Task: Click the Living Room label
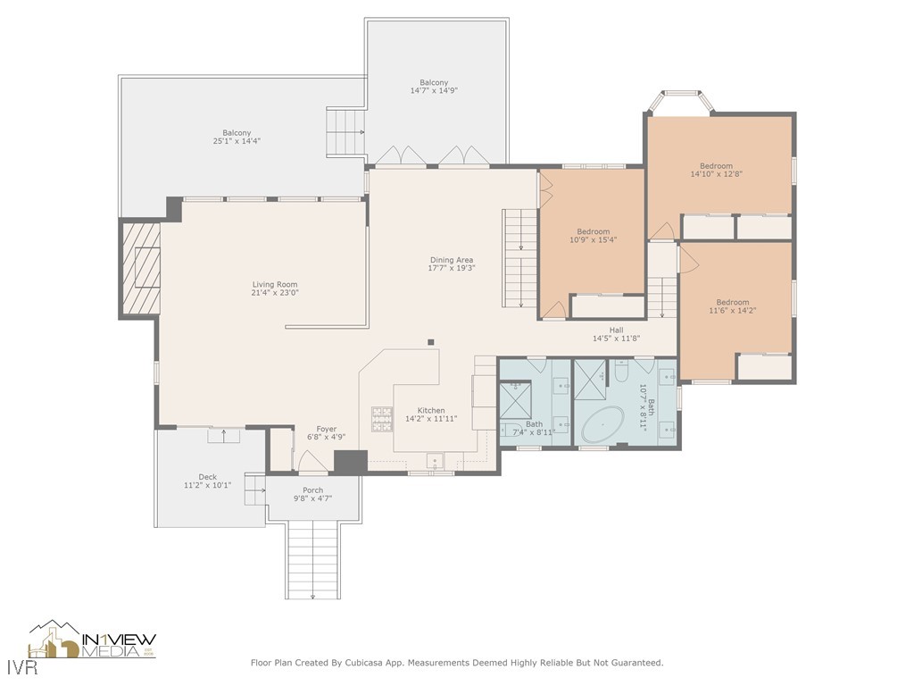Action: [x=275, y=285]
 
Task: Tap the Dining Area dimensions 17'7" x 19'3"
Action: [x=452, y=268]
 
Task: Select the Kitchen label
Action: [x=431, y=411]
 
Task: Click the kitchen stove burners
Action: [x=382, y=419]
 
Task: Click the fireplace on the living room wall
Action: [x=140, y=268]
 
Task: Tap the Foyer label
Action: [x=327, y=429]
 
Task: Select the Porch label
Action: [x=313, y=490]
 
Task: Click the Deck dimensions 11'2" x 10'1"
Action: [x=207, y=485]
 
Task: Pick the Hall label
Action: [x=617, y=330]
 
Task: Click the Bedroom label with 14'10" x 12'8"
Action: [x=717, y=165]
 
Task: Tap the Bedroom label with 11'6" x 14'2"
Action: [x=733, y=302]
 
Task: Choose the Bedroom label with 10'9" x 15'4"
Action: [x=594, y=231]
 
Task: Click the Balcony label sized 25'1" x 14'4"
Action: [x=237, y=133]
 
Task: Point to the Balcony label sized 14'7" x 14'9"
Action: [x=434, y=83]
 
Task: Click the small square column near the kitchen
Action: [x=431, y=342]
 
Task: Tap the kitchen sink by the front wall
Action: [x=435, y=462]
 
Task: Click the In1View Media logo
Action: [x=93, y=640]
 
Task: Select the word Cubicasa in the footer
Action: [x=365, y=663]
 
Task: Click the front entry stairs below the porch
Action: [x=313, y=559]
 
